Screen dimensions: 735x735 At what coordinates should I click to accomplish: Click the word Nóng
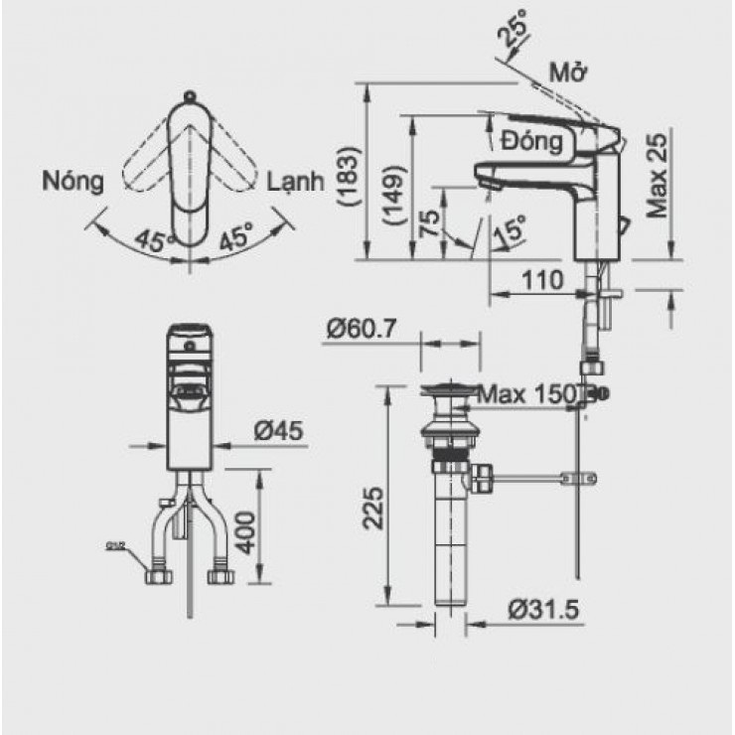(73, 181)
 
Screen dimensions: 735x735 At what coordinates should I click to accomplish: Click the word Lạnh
(296, 182)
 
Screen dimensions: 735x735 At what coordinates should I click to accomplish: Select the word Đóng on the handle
(531, 141)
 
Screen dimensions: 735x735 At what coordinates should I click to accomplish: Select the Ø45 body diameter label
(278, 431)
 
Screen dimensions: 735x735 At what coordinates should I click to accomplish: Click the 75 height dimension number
(429, 222)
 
